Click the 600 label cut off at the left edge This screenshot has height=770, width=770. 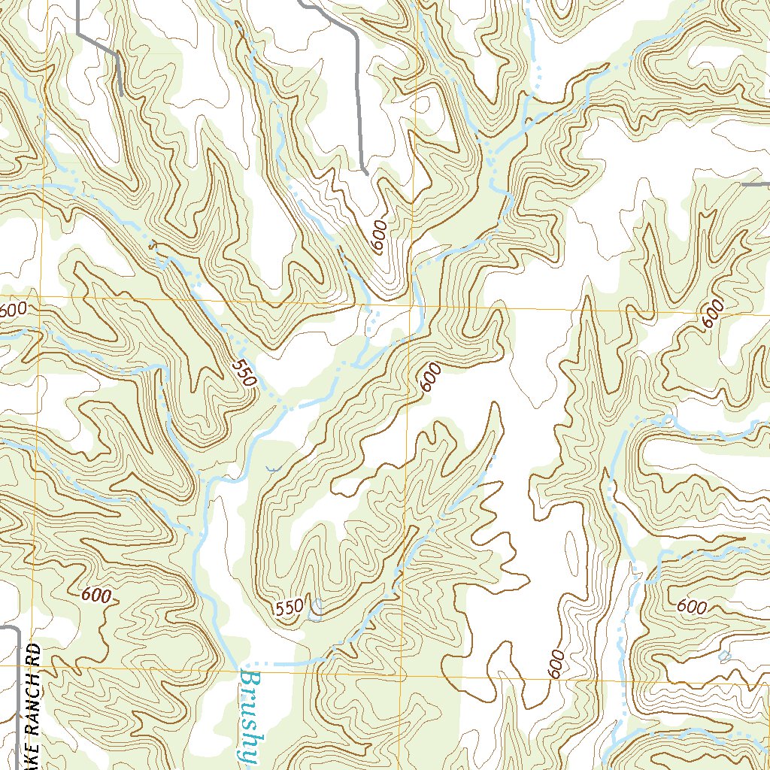13,309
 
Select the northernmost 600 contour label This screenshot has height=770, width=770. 380,237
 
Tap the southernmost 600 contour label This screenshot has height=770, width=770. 556,664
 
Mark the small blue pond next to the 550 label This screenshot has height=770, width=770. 317,609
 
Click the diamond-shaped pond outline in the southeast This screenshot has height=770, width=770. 724,657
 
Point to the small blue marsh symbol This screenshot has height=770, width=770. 271,469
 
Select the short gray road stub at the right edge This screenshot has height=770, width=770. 756,183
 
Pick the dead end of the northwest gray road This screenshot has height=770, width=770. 121,93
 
